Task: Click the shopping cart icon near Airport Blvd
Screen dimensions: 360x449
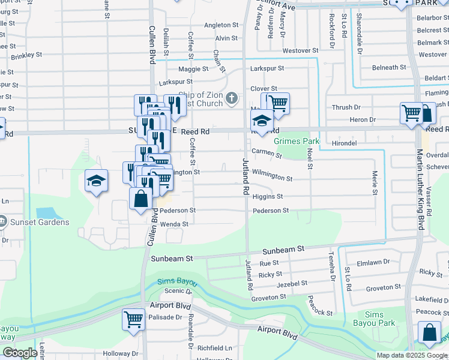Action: pos(133,319)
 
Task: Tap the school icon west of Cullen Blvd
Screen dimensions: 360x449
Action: pos(96,181)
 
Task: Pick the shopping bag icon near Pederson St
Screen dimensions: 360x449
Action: pos(140,198)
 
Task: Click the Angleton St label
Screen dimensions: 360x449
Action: pos(221,25)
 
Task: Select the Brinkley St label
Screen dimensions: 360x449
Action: pos(26,55)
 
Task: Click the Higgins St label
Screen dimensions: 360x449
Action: pos(267,197)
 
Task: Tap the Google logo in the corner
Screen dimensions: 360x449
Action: pos(20,353)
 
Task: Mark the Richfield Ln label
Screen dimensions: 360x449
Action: pos(215,347)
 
